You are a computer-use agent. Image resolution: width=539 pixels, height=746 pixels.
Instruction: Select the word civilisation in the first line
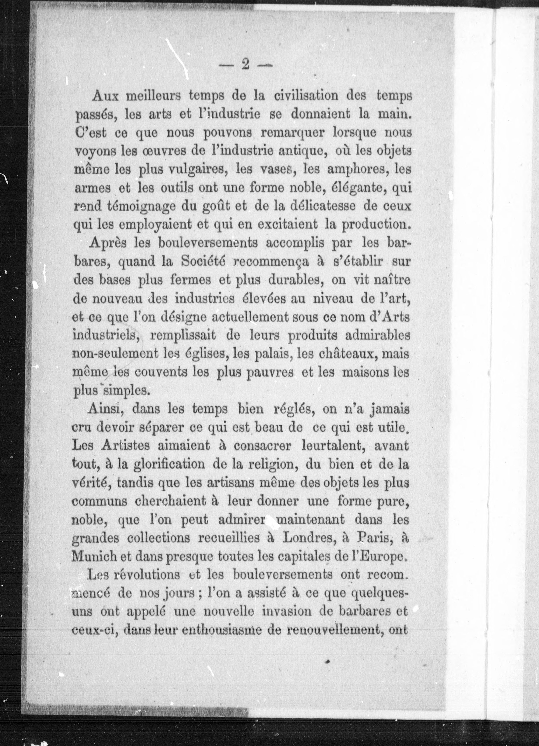(311, 96)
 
